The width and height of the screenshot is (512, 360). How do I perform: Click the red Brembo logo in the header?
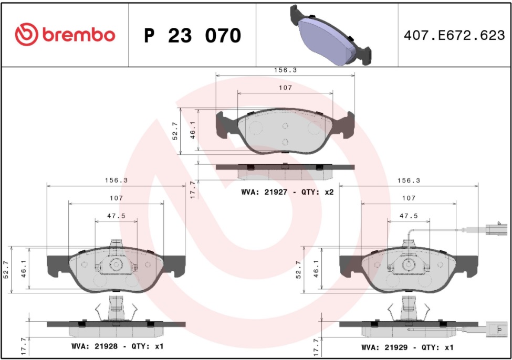[65, 34]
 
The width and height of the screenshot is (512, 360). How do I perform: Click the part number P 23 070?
[193, 36]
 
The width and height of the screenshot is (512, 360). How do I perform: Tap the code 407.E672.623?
[454, 35]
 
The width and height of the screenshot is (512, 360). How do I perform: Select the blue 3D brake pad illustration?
[330, 35]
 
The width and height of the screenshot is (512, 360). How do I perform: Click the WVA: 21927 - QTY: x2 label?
[287, 192]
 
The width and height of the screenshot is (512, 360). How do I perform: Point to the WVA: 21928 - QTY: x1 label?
[117, 346]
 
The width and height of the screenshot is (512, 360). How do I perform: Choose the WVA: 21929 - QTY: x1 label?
[407, 347]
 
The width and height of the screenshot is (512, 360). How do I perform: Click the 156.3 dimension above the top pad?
[285, 70]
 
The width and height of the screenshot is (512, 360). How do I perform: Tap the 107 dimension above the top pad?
[285, 88]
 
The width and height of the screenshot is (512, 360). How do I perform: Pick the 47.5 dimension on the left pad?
[116, 216]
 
